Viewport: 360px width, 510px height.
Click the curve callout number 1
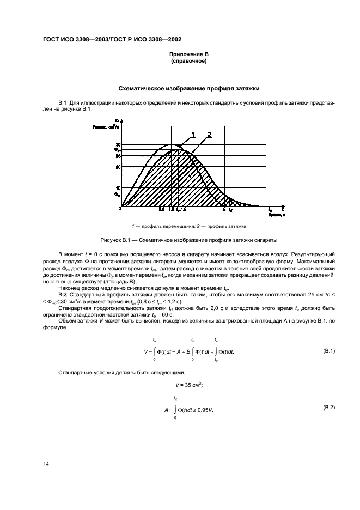192,133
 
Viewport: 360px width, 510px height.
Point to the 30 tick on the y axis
118,144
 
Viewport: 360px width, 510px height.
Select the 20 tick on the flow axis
118,167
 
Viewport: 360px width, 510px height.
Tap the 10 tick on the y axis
118,187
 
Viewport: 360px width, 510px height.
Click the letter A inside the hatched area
189,175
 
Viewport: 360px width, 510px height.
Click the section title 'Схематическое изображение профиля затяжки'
189,88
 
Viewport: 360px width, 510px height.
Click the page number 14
46,464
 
